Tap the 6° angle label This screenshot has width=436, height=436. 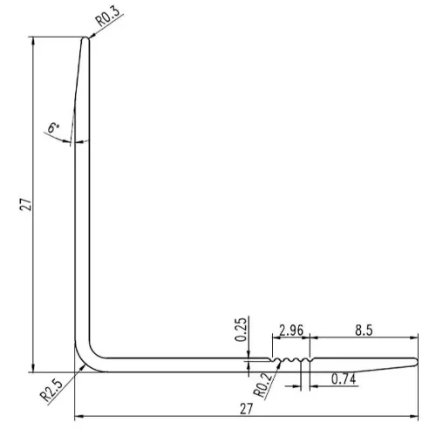[x=53, y=127]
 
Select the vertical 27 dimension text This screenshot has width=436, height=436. [x=25, y=204]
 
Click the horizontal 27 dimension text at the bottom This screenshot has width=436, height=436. [x=247, y=409]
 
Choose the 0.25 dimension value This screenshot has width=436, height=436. [x=241, y=330]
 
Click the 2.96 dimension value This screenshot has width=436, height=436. [x=290, y=330]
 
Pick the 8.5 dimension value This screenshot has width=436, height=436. [x=364, y=330]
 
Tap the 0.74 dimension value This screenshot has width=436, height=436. [x=344, y=379]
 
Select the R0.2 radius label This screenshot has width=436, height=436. [x=263, y=385]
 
